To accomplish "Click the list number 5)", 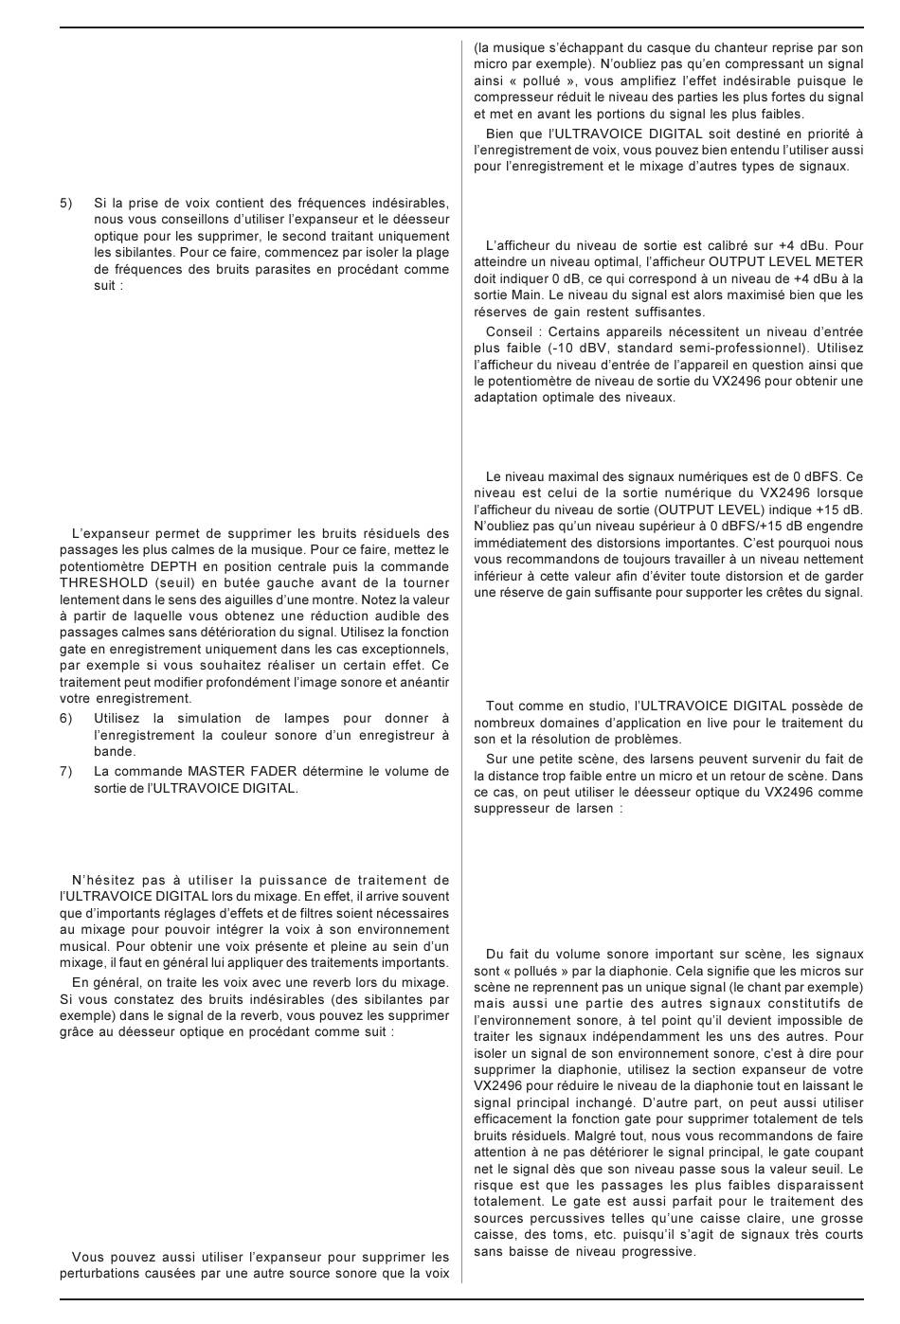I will [x=66, y=203].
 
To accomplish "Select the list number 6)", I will [x=66, y=719].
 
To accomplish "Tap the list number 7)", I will [x=66, y=771].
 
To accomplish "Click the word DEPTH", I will [x=172, y=566].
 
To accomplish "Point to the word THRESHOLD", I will [x=104, y=583].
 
